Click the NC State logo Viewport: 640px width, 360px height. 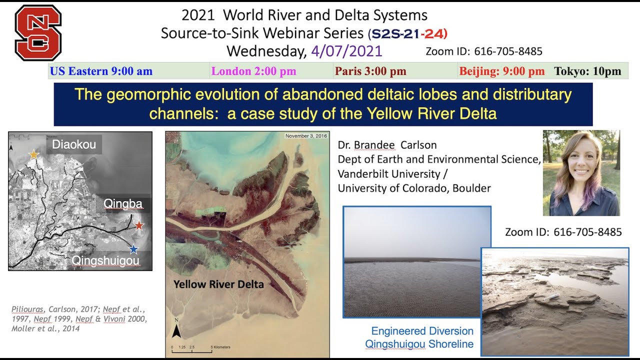[x=37, y=32]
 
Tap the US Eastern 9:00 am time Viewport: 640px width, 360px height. [x=101, y=71]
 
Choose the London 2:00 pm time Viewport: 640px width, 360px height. [x=253, y=71]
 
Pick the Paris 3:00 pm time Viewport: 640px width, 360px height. [x=370, y=71]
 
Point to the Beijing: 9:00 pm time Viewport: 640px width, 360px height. [x=501, y=71]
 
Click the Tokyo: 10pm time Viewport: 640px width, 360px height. [x=587, y=71]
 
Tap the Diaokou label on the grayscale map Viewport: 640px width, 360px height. [x=73, y=144]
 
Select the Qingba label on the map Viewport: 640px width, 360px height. [x=123, y=203]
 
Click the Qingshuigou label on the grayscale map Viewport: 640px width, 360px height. [x=105, y=260]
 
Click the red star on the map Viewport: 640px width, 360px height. [x=139, y=226]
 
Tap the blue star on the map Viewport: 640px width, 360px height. [x=133, y=249]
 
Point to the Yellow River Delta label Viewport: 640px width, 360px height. [x=218, y=284]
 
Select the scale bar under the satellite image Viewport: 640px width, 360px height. [x=192, y=349]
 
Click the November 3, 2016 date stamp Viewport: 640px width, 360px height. [x=305, y=136]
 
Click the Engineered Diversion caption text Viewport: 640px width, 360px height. [x=422, y=331]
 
